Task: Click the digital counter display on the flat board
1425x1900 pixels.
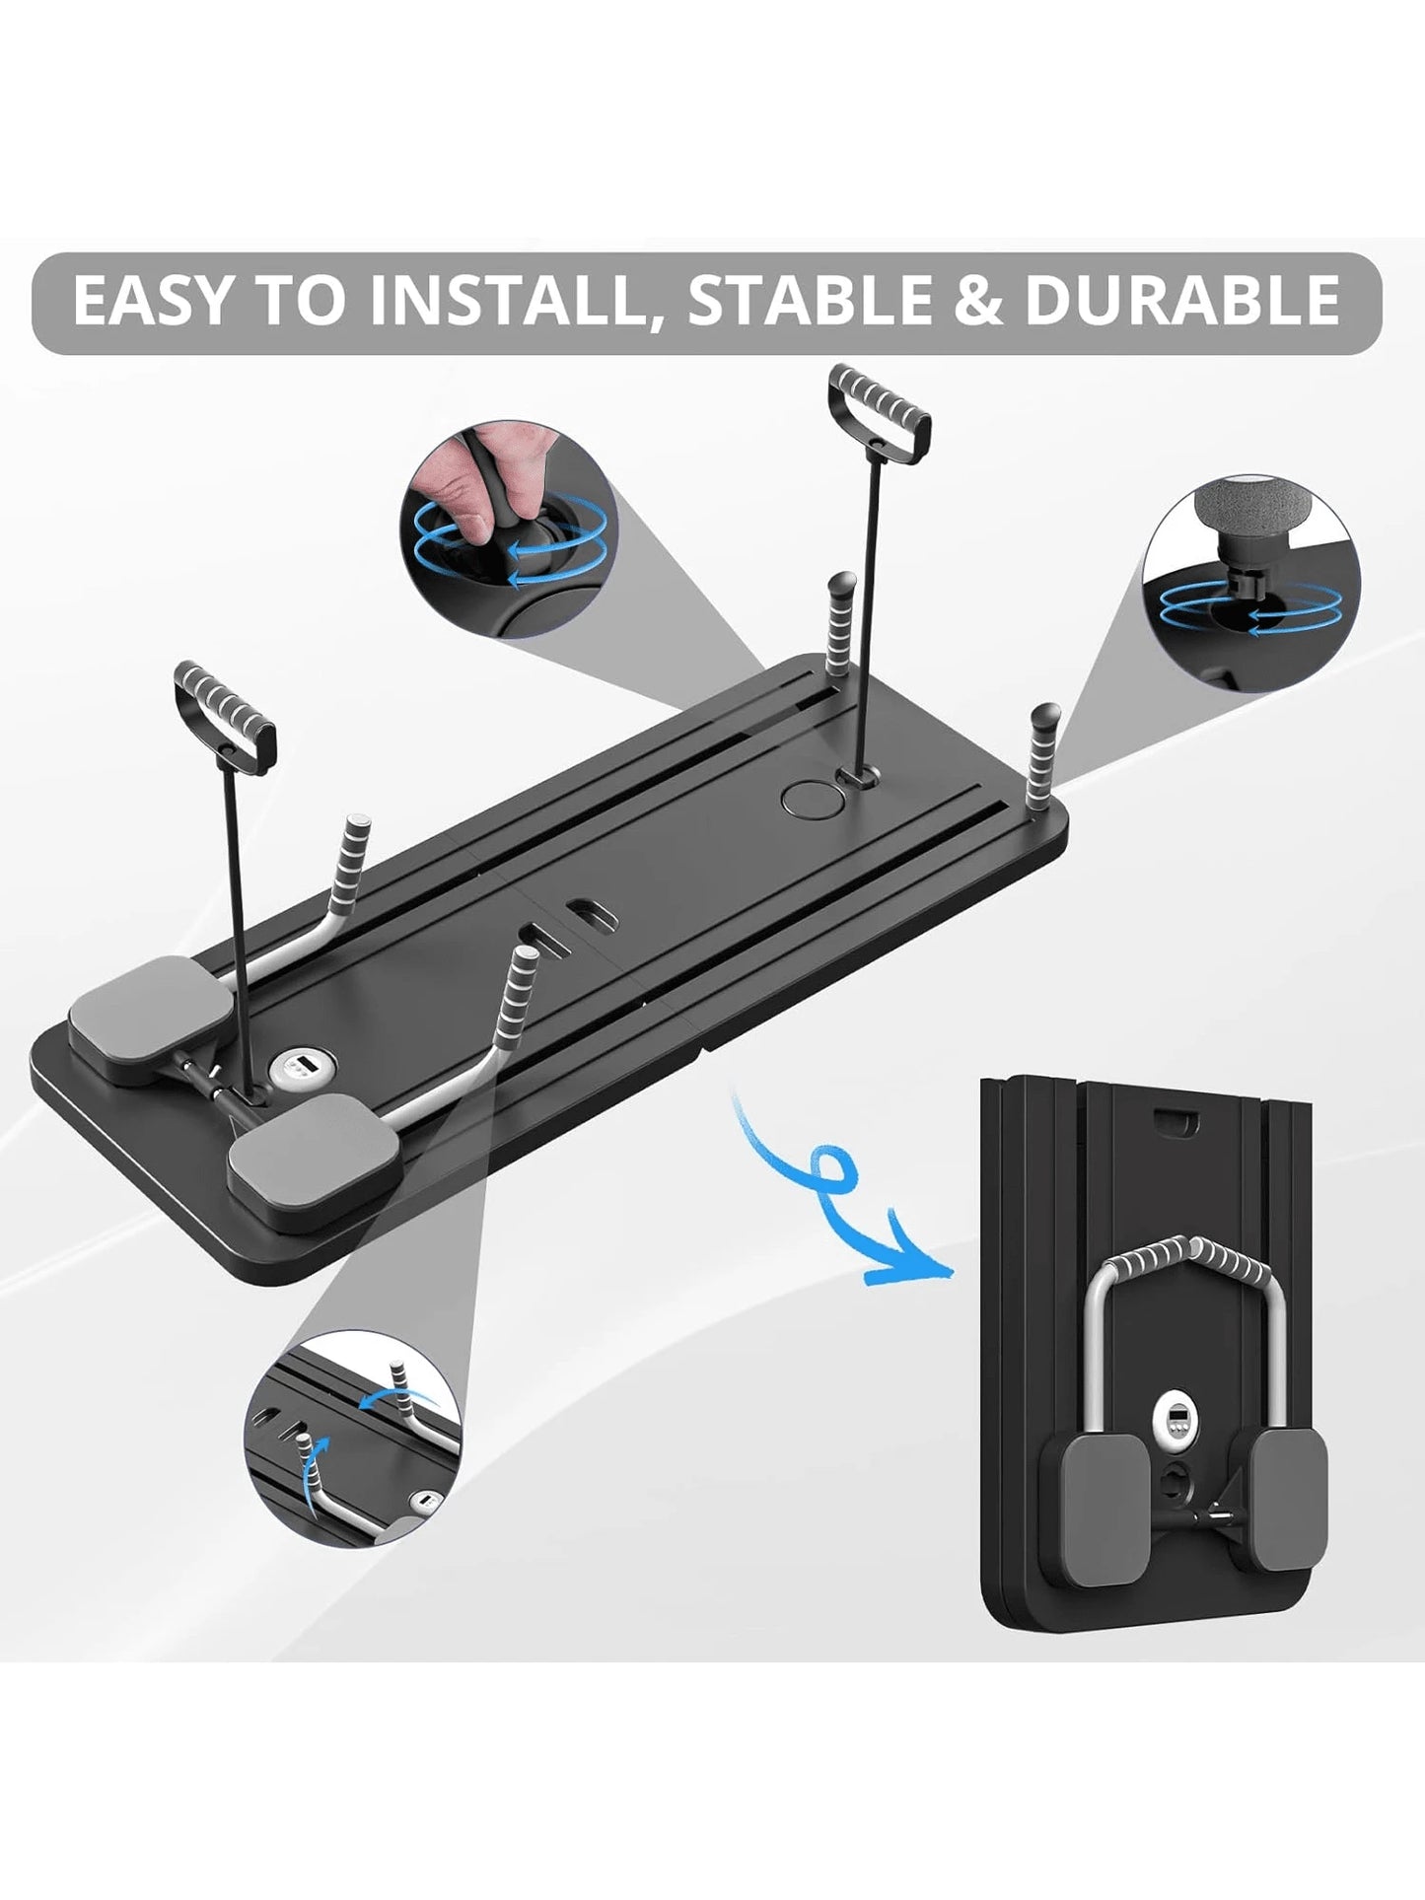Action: point(294,1066)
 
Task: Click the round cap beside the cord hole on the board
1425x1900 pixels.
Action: point(807,798)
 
